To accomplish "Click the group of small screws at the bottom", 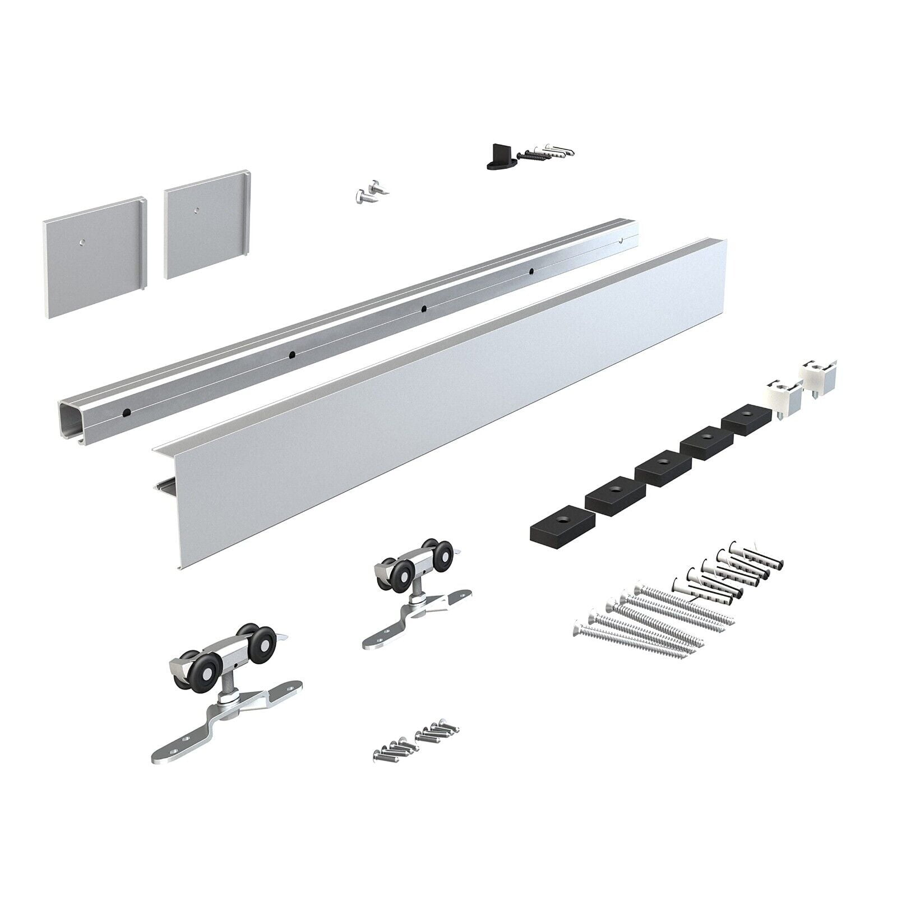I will tap(415, 740).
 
